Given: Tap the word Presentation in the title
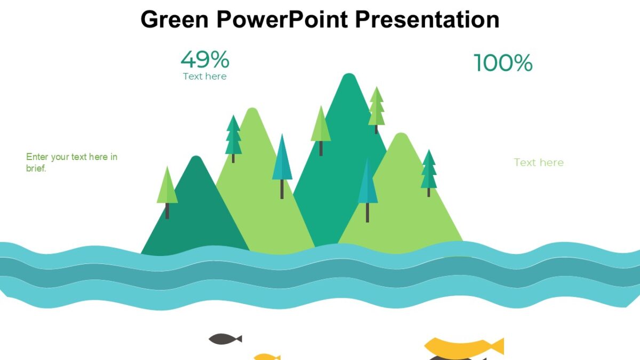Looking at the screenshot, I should (427, 20).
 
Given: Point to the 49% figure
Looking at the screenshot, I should (205, 59).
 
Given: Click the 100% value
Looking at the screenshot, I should (503, 63).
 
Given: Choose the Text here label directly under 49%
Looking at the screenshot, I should (205, 76).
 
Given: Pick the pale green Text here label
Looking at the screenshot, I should (539, 163).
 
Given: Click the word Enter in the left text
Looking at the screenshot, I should (37, 157).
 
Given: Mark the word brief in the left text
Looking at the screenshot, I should (35, 168).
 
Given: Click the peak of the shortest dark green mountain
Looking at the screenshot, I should (196, 159).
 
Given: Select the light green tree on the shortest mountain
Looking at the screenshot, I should (167, 187).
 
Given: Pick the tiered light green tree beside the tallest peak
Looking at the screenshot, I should (376, 107).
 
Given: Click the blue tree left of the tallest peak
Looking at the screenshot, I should (282, 160).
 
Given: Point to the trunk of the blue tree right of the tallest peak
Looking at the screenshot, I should (367, 212).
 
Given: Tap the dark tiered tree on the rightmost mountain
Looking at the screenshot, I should (428, 171).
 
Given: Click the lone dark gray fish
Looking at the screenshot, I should (224, 339).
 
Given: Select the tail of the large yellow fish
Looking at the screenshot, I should (497, 346).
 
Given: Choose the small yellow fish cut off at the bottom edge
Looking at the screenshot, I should (266, 357).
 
